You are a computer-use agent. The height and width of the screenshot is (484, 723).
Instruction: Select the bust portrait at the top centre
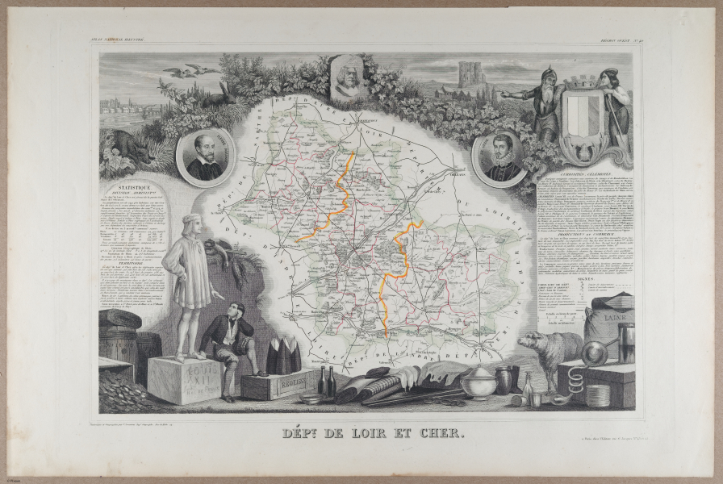point(349,77)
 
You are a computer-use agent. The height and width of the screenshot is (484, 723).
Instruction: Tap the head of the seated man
point(235,310)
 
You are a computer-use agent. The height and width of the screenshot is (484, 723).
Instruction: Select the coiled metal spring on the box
point(572,373)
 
